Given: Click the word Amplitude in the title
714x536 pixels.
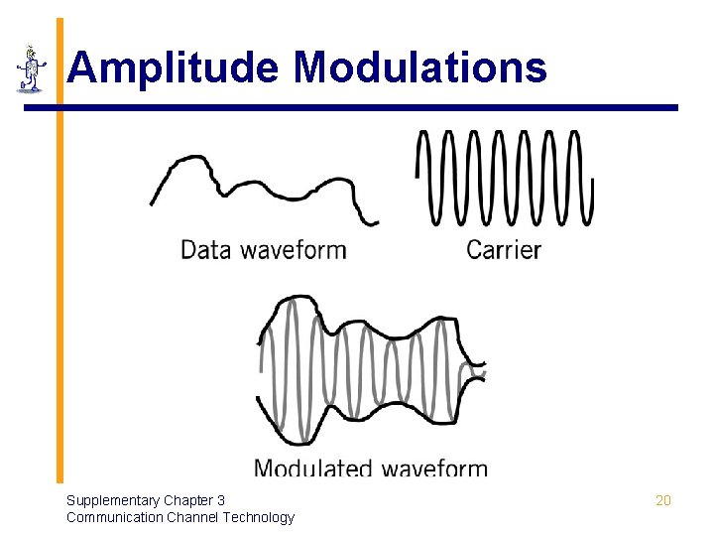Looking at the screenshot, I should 175,68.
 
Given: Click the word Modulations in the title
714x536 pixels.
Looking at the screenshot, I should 419,68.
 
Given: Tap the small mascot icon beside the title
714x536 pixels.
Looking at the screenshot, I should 32,69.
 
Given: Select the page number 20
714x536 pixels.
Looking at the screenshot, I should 663,500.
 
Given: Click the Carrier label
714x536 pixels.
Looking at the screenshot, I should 504,249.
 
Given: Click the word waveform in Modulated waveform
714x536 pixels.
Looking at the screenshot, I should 435,469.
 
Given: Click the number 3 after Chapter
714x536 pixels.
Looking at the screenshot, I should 221,500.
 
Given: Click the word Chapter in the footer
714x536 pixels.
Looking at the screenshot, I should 188,500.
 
